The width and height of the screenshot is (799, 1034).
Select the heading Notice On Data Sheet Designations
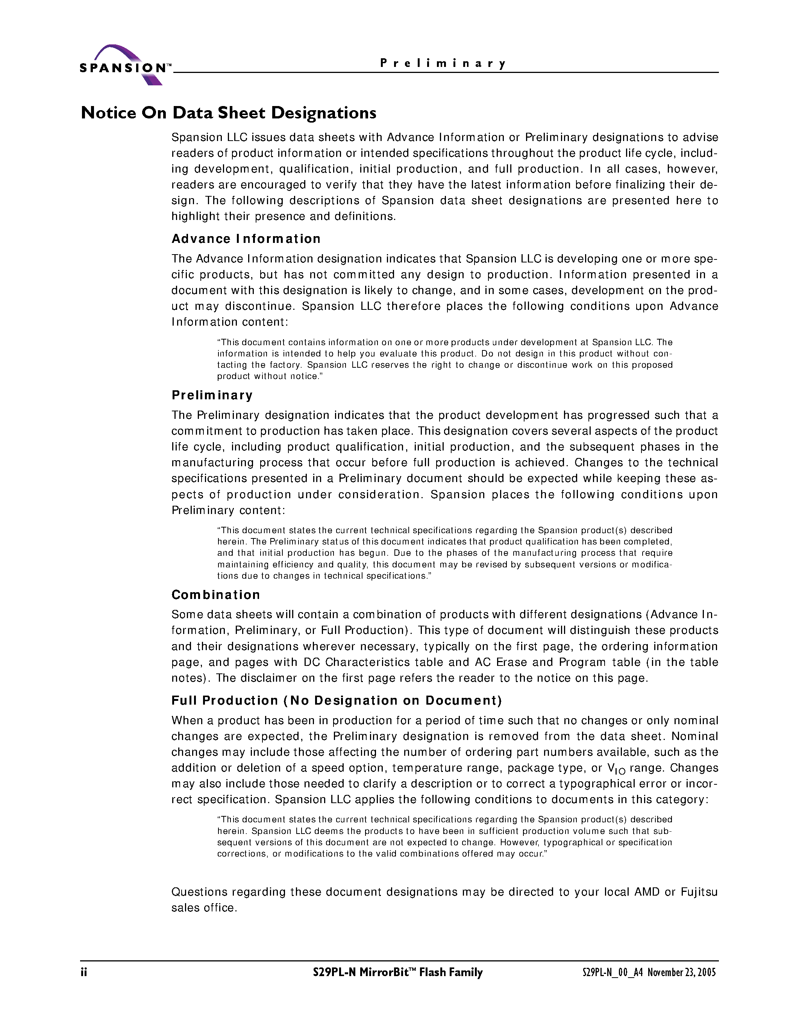point(229,113)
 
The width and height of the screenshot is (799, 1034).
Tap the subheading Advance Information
point(246,239)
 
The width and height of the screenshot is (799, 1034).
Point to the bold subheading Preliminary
point(212,395)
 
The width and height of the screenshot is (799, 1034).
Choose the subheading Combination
point(216,595)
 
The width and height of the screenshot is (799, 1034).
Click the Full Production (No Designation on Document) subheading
point(337,700)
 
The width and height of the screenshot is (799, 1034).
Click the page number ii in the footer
point(84,972)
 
